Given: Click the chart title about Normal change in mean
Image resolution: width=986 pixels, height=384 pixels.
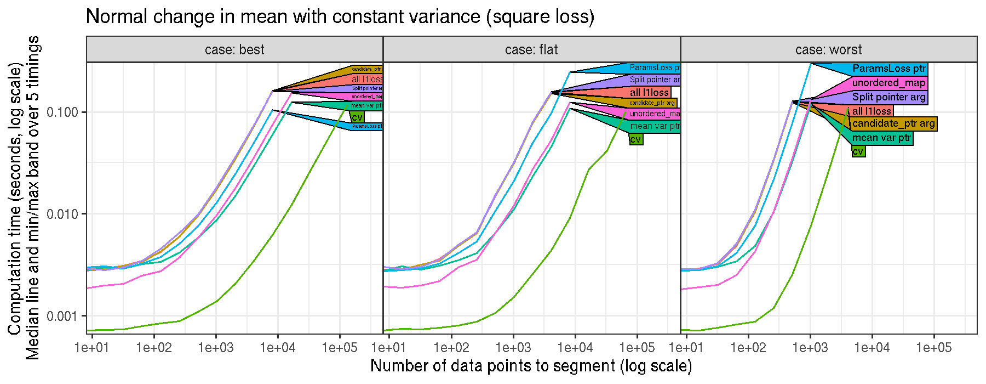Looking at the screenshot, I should click(340, 16).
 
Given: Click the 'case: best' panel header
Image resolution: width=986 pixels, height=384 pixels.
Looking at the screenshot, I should click(234, 50).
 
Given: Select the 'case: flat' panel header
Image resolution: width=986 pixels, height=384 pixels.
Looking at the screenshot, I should click(531, 50).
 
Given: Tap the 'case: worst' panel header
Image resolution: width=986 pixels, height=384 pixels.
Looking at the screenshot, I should click(828, 50).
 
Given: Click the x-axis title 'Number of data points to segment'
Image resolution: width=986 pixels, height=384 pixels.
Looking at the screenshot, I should click(531, 366).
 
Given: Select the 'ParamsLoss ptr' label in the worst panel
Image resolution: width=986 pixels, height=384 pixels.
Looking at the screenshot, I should click(889, 69).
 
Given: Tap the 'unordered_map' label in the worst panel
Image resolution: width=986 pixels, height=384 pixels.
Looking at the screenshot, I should click(889, 83).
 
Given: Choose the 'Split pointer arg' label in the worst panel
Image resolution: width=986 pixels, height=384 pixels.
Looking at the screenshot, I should click(889, 97).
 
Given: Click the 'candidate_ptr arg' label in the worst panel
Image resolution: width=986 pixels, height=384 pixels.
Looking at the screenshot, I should click(893, 124).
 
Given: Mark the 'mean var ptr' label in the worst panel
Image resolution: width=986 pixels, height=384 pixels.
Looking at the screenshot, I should click(881, 138).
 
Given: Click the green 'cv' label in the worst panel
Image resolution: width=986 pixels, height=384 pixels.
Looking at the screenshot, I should click(858, 151).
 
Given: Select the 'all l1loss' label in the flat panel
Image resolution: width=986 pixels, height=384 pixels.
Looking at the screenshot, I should click(649, 93).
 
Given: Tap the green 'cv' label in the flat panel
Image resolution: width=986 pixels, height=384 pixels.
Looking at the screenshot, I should click(635, 139).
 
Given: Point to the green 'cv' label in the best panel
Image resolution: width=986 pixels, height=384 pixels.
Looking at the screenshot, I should click(357, 117).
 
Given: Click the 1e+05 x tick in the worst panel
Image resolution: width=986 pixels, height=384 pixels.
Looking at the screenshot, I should click(933, 348).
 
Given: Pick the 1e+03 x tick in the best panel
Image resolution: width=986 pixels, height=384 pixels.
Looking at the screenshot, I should click(216, 348).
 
